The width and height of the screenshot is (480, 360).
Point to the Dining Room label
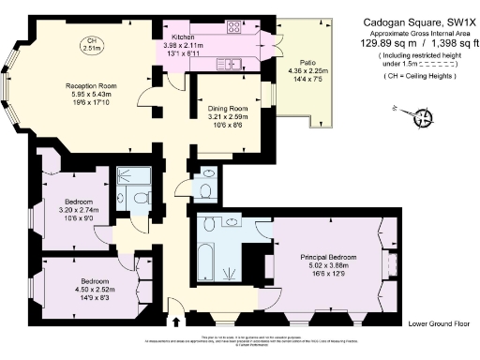pos(226,109)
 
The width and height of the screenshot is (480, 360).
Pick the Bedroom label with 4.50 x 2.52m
pos(90,281)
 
